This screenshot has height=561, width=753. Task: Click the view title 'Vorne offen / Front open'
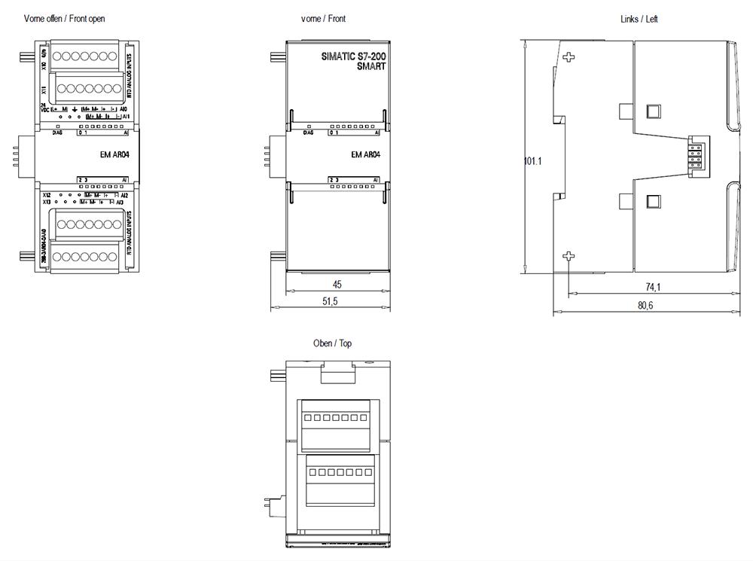pos(64,19)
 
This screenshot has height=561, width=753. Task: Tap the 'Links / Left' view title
pos(639,19)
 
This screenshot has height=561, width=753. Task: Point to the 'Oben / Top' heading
pos(332,343)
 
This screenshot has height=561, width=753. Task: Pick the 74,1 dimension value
pos(652,287)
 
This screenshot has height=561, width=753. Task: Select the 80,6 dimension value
pos(645,305)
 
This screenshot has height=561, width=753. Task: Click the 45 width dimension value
pos(337,285)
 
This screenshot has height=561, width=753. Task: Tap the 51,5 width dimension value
pos(330,301)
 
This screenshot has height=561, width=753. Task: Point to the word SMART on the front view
pos(371,66)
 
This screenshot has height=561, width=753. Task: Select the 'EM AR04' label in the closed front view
pos(366,155)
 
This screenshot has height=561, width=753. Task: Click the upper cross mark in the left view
pos(569,57)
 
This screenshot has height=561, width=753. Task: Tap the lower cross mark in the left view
pos(569,258)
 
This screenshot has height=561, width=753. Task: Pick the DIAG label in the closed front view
pos(308,133)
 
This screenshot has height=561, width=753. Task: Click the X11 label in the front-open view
pos(44,89)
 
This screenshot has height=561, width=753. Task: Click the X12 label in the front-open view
pos(47,195)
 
